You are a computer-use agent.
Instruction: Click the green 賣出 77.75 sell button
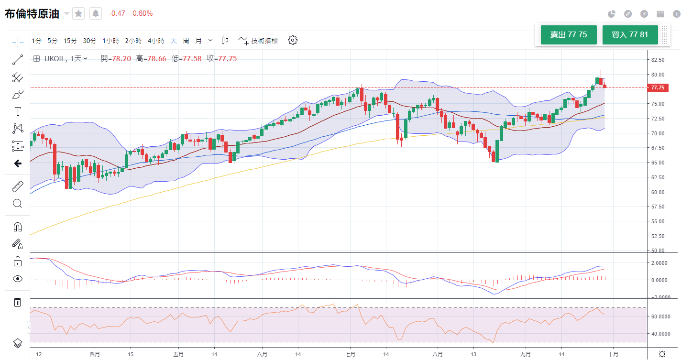[x=568, y=35]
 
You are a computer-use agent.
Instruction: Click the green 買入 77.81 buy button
[x=630, y=35]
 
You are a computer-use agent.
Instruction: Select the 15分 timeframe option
[x=70, y=41]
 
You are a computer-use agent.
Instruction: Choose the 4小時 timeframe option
[x=156, y=41]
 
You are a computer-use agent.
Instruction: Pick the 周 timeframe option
[x=186, y=41]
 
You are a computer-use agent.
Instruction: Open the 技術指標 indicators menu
[x=258, y=41]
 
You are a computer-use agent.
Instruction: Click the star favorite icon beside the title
[x=78, y=13]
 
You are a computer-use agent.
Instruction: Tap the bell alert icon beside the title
[x=96, y=13]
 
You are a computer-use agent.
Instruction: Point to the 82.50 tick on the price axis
[x=658, y=60]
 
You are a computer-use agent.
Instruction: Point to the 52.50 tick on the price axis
[x=658, y=236]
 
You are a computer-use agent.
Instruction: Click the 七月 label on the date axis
[x=350, y=354]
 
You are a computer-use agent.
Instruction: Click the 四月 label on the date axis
[x=95, y=354]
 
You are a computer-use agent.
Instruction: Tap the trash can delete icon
[x=18, y=302]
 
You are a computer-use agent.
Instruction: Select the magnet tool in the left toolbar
[x=18, y=227]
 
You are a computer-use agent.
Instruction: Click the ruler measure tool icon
[x=18, y=186]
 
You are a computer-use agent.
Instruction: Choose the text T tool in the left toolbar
[x=18, y=112]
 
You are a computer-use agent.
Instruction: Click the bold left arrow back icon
[x=18, y=164]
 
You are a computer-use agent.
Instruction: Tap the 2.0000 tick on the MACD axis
[x=659, y=263]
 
